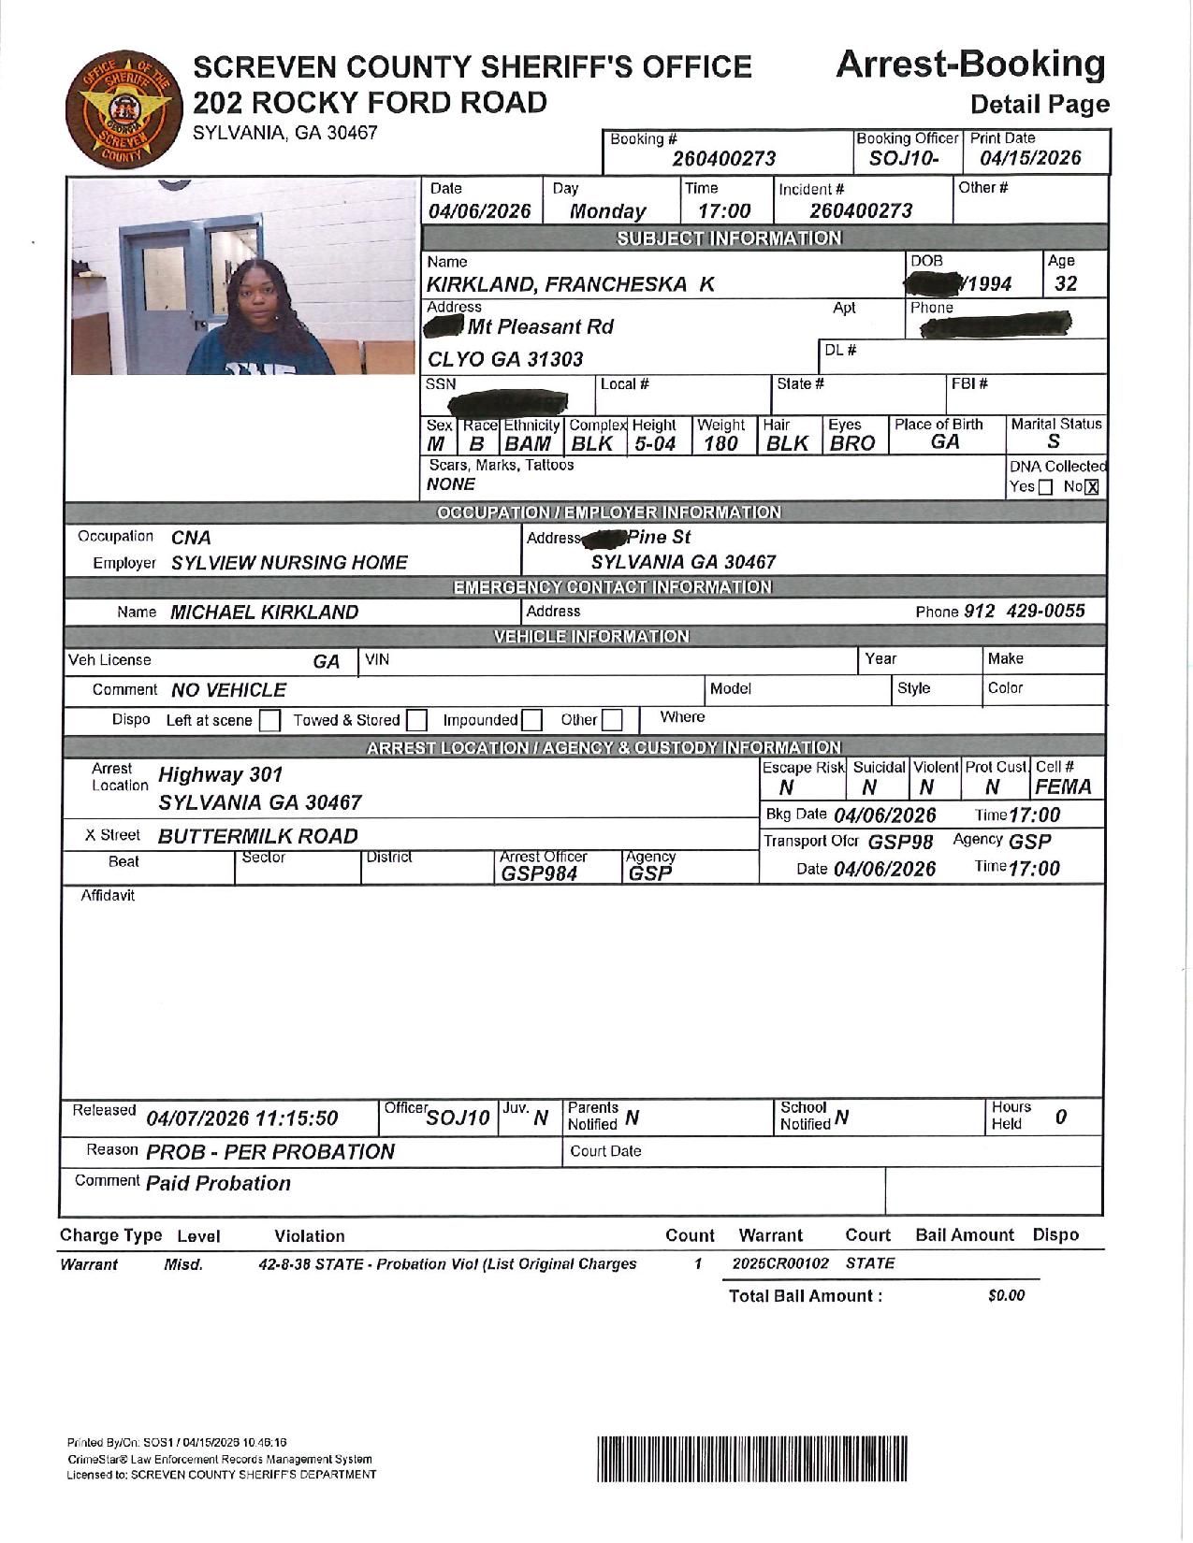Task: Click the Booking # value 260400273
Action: click(x=724, y=159)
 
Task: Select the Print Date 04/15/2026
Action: click(x=1030, y=158)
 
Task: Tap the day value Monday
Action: click(x=608, y=211)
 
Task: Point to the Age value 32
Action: click(x=1065, y=284)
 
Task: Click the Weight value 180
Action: click(x=720, y=444)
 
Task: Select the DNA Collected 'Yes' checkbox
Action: click(x=1045, y=487)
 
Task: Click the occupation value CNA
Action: click(x=191, y=538)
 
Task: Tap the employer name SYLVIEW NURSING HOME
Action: click(x=289, y=563)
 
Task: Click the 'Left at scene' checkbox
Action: click(x=269, y=720)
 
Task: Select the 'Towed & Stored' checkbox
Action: click(x=417, y=720)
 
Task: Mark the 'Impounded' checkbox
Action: click(x=531, y=720)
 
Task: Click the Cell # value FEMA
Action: click(x=1063, y=787)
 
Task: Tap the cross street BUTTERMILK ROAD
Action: click(x=257, y=836)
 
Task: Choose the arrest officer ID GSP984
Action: click(x=540, y=873)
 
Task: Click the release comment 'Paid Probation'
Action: click(x=218, y=1184)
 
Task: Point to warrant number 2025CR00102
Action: click(x=780, y=1263)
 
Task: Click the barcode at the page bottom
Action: click(x=752, y=1458)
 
